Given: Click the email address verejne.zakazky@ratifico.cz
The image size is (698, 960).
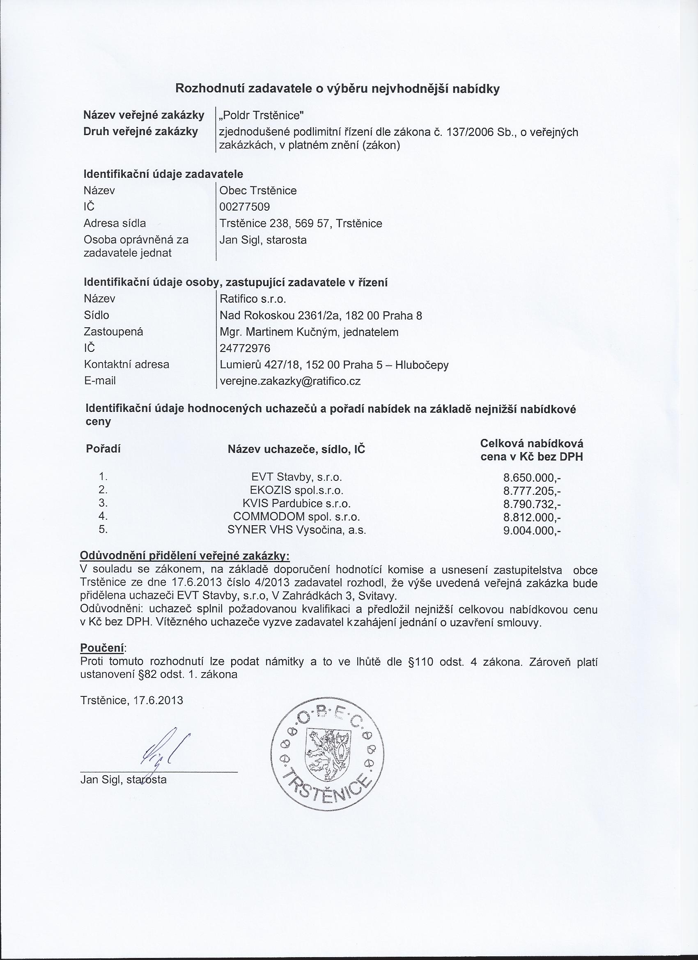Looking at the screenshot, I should tap(290, 381).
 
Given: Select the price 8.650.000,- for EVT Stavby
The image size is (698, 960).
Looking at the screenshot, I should tap(532, 478).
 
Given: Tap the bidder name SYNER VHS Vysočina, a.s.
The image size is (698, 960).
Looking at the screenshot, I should tap(296, 530).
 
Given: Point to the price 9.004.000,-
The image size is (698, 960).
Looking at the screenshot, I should tap(532, 531).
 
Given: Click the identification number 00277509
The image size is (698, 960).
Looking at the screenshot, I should tap(245, 207).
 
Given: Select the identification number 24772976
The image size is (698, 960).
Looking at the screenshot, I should tap(245, 348).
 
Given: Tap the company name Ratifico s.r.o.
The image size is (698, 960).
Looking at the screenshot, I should tap(253, 299).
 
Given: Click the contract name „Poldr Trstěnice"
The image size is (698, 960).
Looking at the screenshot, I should tap(261, 115).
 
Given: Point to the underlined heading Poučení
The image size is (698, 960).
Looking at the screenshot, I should tap(102, 648).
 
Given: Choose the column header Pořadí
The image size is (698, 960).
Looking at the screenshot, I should tap(103, 449).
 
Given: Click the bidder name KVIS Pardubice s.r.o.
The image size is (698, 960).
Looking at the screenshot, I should tap(296, 504).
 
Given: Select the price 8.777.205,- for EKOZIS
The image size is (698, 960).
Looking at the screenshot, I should tap(532, 491).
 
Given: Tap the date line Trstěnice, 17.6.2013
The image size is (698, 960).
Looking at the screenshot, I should tap(132, 700).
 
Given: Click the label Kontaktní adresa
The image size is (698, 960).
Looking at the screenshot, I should tap(126, 365).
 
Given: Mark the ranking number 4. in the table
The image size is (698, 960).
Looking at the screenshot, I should tap(103, 516).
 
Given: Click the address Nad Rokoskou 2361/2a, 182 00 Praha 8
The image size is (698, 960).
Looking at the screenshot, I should tap(321, 316).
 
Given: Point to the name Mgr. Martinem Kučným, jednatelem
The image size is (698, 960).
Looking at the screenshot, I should tap(309, 332).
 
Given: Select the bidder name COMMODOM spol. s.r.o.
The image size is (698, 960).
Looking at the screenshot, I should tap(296, 517).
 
